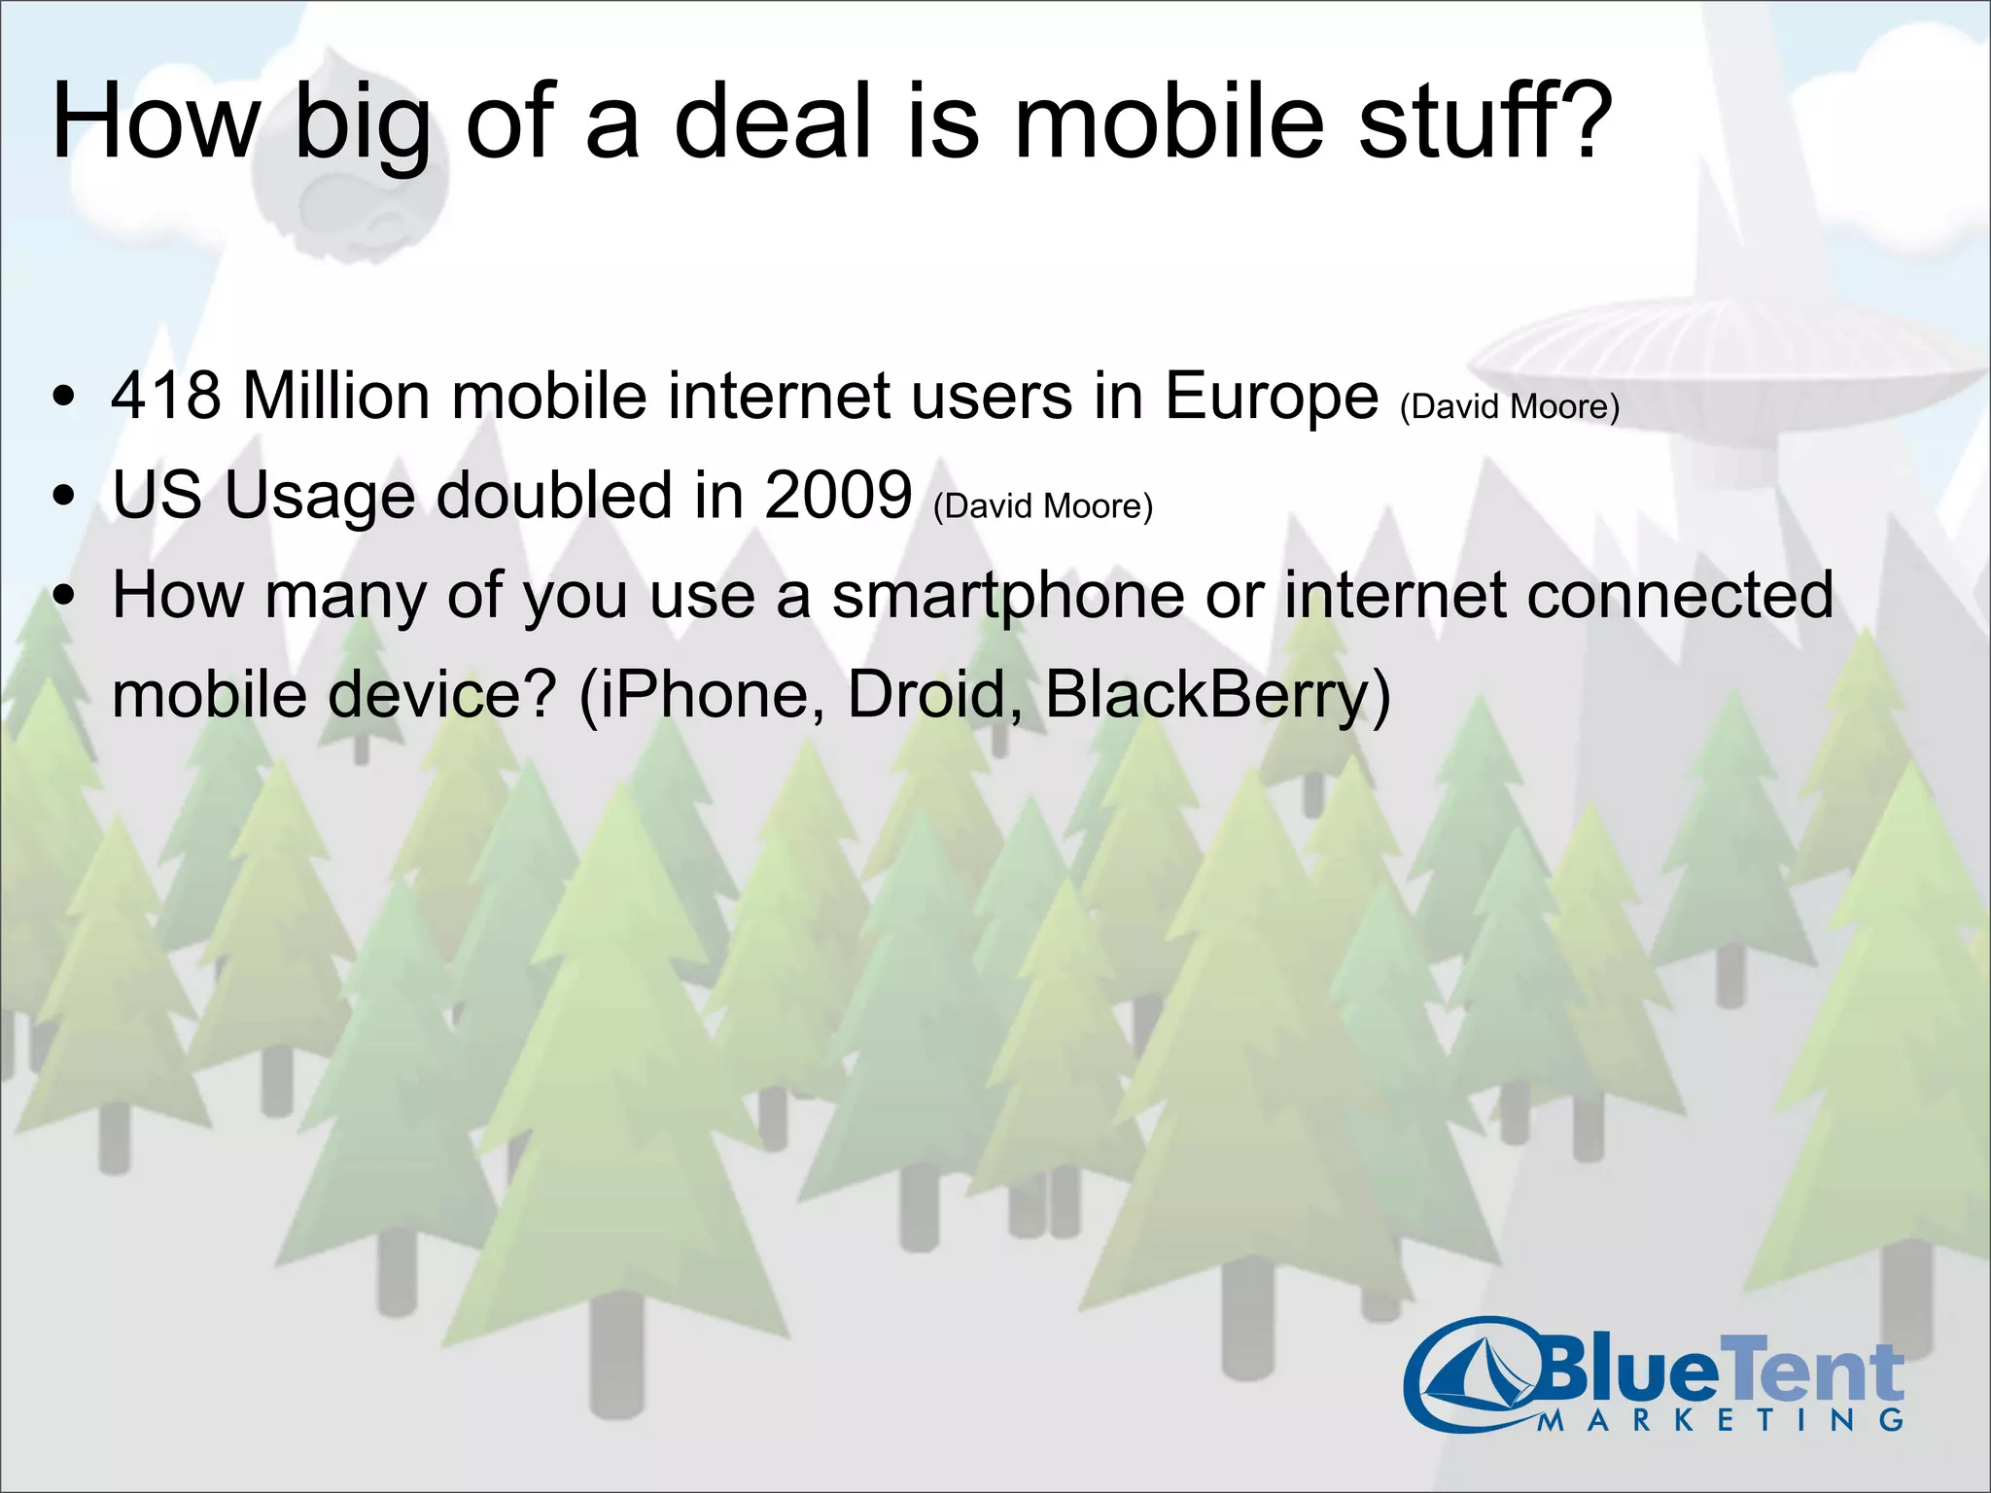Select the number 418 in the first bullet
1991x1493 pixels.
click(x=166, y=397)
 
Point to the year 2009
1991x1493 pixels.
click(x=838, y=496)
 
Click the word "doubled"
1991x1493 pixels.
click(x=554, y=496)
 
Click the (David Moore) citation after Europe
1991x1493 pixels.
click(x=1510, y=406)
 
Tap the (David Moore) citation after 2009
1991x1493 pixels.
click(x=1042, y=506)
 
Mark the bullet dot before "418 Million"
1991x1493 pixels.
click(x=64, y=398)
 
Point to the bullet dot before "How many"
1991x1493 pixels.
click(x=64, y=597)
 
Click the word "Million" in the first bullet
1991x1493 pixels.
click(x=336, y=397)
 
